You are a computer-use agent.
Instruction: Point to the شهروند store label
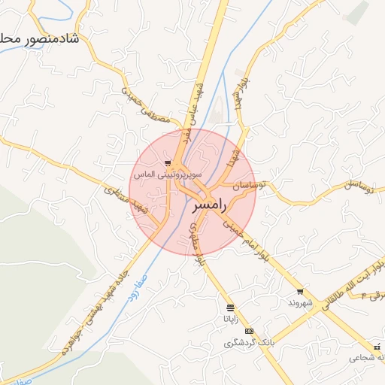pos(299,302)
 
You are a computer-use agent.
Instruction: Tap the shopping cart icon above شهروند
pos(300,292)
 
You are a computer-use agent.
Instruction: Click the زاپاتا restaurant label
pos(228,319)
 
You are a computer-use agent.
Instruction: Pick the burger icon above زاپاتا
pos(229,308)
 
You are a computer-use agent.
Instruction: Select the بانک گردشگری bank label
pos(250,343)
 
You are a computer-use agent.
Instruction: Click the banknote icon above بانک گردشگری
pos(250,332)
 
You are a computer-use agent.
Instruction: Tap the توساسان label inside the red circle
pos(248,185)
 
